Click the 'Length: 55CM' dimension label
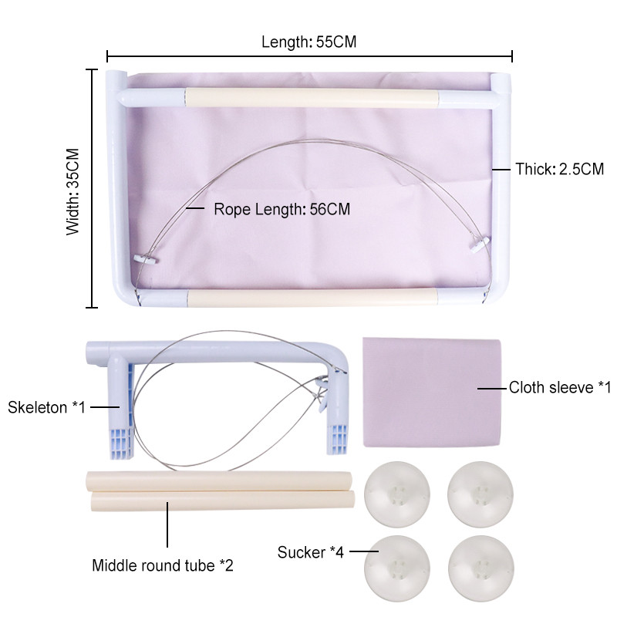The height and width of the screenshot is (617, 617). pyautogui.click(x=309, y=42)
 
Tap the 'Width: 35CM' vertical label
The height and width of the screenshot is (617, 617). pyautogui.click(x=73, y=192)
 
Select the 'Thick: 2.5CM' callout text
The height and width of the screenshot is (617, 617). pyautogui.click(x=560, y=169)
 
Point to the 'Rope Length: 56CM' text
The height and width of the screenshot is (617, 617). pyautogui.click(x=282, y=209)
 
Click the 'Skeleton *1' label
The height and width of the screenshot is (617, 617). pyautogui.click(x=46, y=407)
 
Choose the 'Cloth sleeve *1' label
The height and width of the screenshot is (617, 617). pyautogui.click(x=560, y=388)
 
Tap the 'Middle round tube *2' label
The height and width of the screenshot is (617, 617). pyautogui.click(x=163, y=565)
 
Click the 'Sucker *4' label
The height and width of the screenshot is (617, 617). pyautogui.click(x=311, y=552)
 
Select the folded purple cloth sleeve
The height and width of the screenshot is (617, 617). pyautogui.click(x=432, y=392)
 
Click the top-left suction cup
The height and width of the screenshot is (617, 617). pyautogui.click(x=397, y=494)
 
